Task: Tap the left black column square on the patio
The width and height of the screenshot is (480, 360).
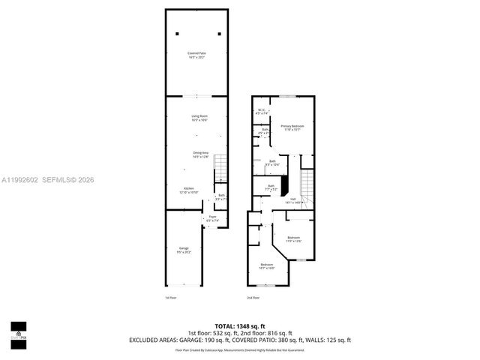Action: tap(178, 34)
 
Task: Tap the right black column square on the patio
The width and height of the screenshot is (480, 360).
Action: tap(219, 34)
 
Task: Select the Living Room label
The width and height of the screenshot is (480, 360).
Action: tap(199, 118)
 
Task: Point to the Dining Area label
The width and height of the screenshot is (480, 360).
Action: tap(199, 154)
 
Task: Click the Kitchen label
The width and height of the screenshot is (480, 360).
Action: tap(189, 190)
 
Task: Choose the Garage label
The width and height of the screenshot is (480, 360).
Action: tap(184, 250)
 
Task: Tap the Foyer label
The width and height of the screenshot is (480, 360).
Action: tap(212, 219)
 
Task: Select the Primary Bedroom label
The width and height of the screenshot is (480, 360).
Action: tap(292, 127)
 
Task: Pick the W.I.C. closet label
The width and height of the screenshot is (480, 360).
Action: tap(262, 112)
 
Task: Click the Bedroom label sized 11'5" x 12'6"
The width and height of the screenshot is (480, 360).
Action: tap(293, 239)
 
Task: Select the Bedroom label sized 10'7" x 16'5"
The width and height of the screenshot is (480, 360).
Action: tap(267, 266)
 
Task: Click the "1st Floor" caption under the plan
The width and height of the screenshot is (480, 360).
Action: tap(170, 298)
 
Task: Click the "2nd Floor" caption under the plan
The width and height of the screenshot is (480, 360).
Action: tap(253, 298)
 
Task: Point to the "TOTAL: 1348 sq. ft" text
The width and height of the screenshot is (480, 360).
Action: tap(240, 325)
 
